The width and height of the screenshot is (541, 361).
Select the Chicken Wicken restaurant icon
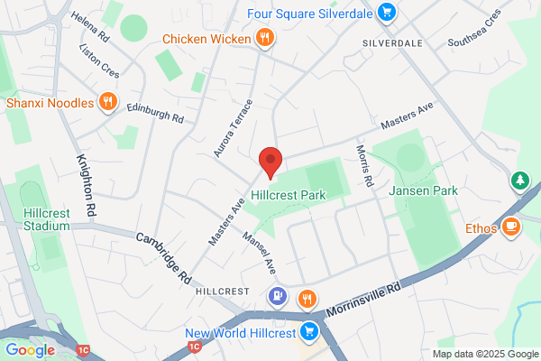pyautogui.click(x=264, y=38)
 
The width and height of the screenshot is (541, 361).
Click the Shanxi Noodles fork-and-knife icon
pyautogui.click(x=107, y=102)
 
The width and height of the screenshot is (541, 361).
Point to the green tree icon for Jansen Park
pyautogui.click(x=520, y=181)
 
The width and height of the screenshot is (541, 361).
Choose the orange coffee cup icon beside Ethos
pyautogui.click(x=511, y=227)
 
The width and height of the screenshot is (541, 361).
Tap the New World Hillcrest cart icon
pyautogui.click(x=309, y=330)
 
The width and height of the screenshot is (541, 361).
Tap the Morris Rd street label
pyautogui.click(x=363, y=165)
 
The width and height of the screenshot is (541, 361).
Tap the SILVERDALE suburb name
pyautogui.click(x=393, y=42)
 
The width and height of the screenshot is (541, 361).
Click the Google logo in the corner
pyautogui.click(x=30, y=349)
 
